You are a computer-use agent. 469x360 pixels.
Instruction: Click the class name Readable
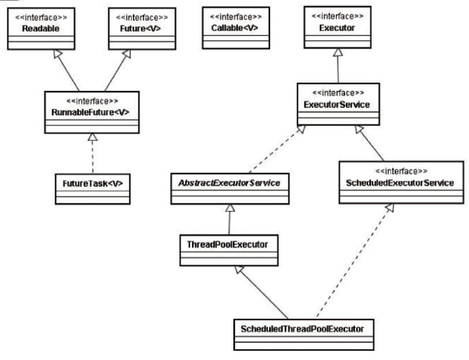pyautogui.click(x=41, y=29)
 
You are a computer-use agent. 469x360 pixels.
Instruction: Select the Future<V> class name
pyautogui.click(x=140, y=28)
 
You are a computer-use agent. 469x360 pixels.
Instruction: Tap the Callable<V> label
pyautogui.click(x=234, y=28)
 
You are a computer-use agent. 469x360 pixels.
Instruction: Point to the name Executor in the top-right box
pyautogui.click(x=337, y=28)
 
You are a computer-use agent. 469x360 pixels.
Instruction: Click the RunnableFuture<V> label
pyautogui.click(x=90, y=112)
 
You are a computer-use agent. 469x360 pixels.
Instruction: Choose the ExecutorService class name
pyautogui.click(x=337, y=105)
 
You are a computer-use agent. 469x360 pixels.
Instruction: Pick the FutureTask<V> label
pyautogui.click(x=93, y=183)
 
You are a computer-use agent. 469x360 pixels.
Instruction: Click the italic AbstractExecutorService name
pyautogui.click(x=229, y=183)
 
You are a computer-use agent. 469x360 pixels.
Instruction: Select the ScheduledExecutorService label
pyautogui.click(x=400, y=183)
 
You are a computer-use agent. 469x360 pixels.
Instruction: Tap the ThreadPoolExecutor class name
pyautogui.click(x=227, y=245)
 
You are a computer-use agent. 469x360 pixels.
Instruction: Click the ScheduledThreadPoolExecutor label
pyautogui.click(x=302, y=329)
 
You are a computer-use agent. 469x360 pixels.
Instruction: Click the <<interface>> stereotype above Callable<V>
pyautogui.click(x=236, y=17)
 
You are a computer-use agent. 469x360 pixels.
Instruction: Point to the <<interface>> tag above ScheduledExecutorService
pyautogui.click(x=401, y=171)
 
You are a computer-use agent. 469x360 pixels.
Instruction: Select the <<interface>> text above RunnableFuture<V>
pyautogui.click(x=92, y=101)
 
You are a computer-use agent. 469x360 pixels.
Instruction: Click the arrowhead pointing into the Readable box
pyautogui.click(x=57, y=54)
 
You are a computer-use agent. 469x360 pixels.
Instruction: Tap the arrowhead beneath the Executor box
pyautogui.click(x=337, y=52)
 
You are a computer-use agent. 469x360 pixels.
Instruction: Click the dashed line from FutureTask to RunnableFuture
pyautogui.click(x=93, y=157)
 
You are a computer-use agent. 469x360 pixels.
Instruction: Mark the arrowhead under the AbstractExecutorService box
pyautogui.click(x=230, y=208)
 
